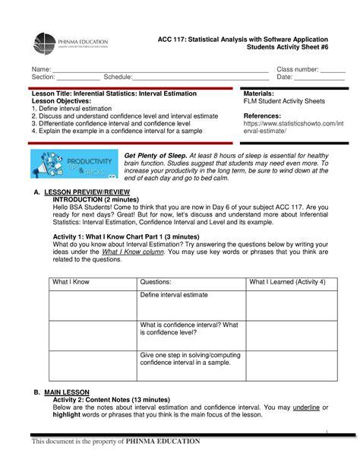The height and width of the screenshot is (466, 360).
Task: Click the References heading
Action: click(261, 116)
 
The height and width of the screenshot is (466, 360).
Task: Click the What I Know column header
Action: click(71, 282)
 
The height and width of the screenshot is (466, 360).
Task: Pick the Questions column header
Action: click(156, 282)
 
